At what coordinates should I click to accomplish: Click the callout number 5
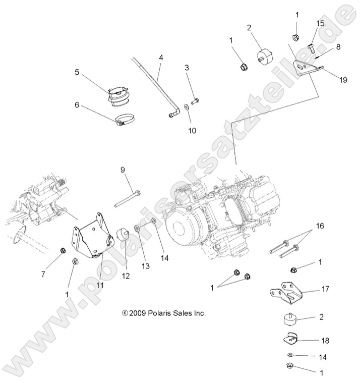(x=77, y=72)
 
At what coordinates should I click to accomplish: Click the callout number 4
(x=161, y=58)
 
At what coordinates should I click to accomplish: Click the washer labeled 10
(x=187, y=106)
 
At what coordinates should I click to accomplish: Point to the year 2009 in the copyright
(x=137, y=313)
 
